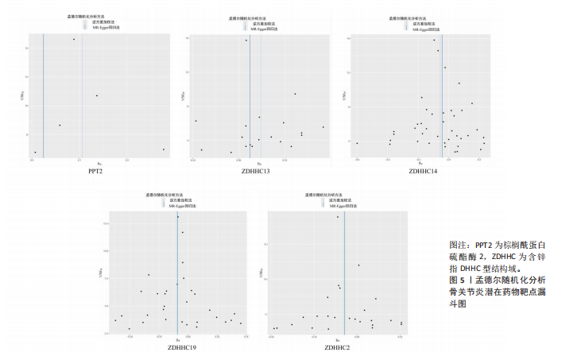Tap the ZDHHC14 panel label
pos(422,170)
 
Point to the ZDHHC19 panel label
pos(183,347)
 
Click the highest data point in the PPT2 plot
pos(74,39)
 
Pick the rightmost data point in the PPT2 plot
pos(164,149)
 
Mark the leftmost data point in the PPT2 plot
pos(35,152)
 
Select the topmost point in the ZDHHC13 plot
pos(246,40)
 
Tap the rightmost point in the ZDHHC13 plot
pos(323,127)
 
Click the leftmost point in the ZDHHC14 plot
pos(357,143)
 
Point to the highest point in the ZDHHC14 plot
pos(434,40)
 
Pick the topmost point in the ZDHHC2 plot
pos(337,216)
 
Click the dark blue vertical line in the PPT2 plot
pos(43,95)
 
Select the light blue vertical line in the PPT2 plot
pos(81,95)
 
